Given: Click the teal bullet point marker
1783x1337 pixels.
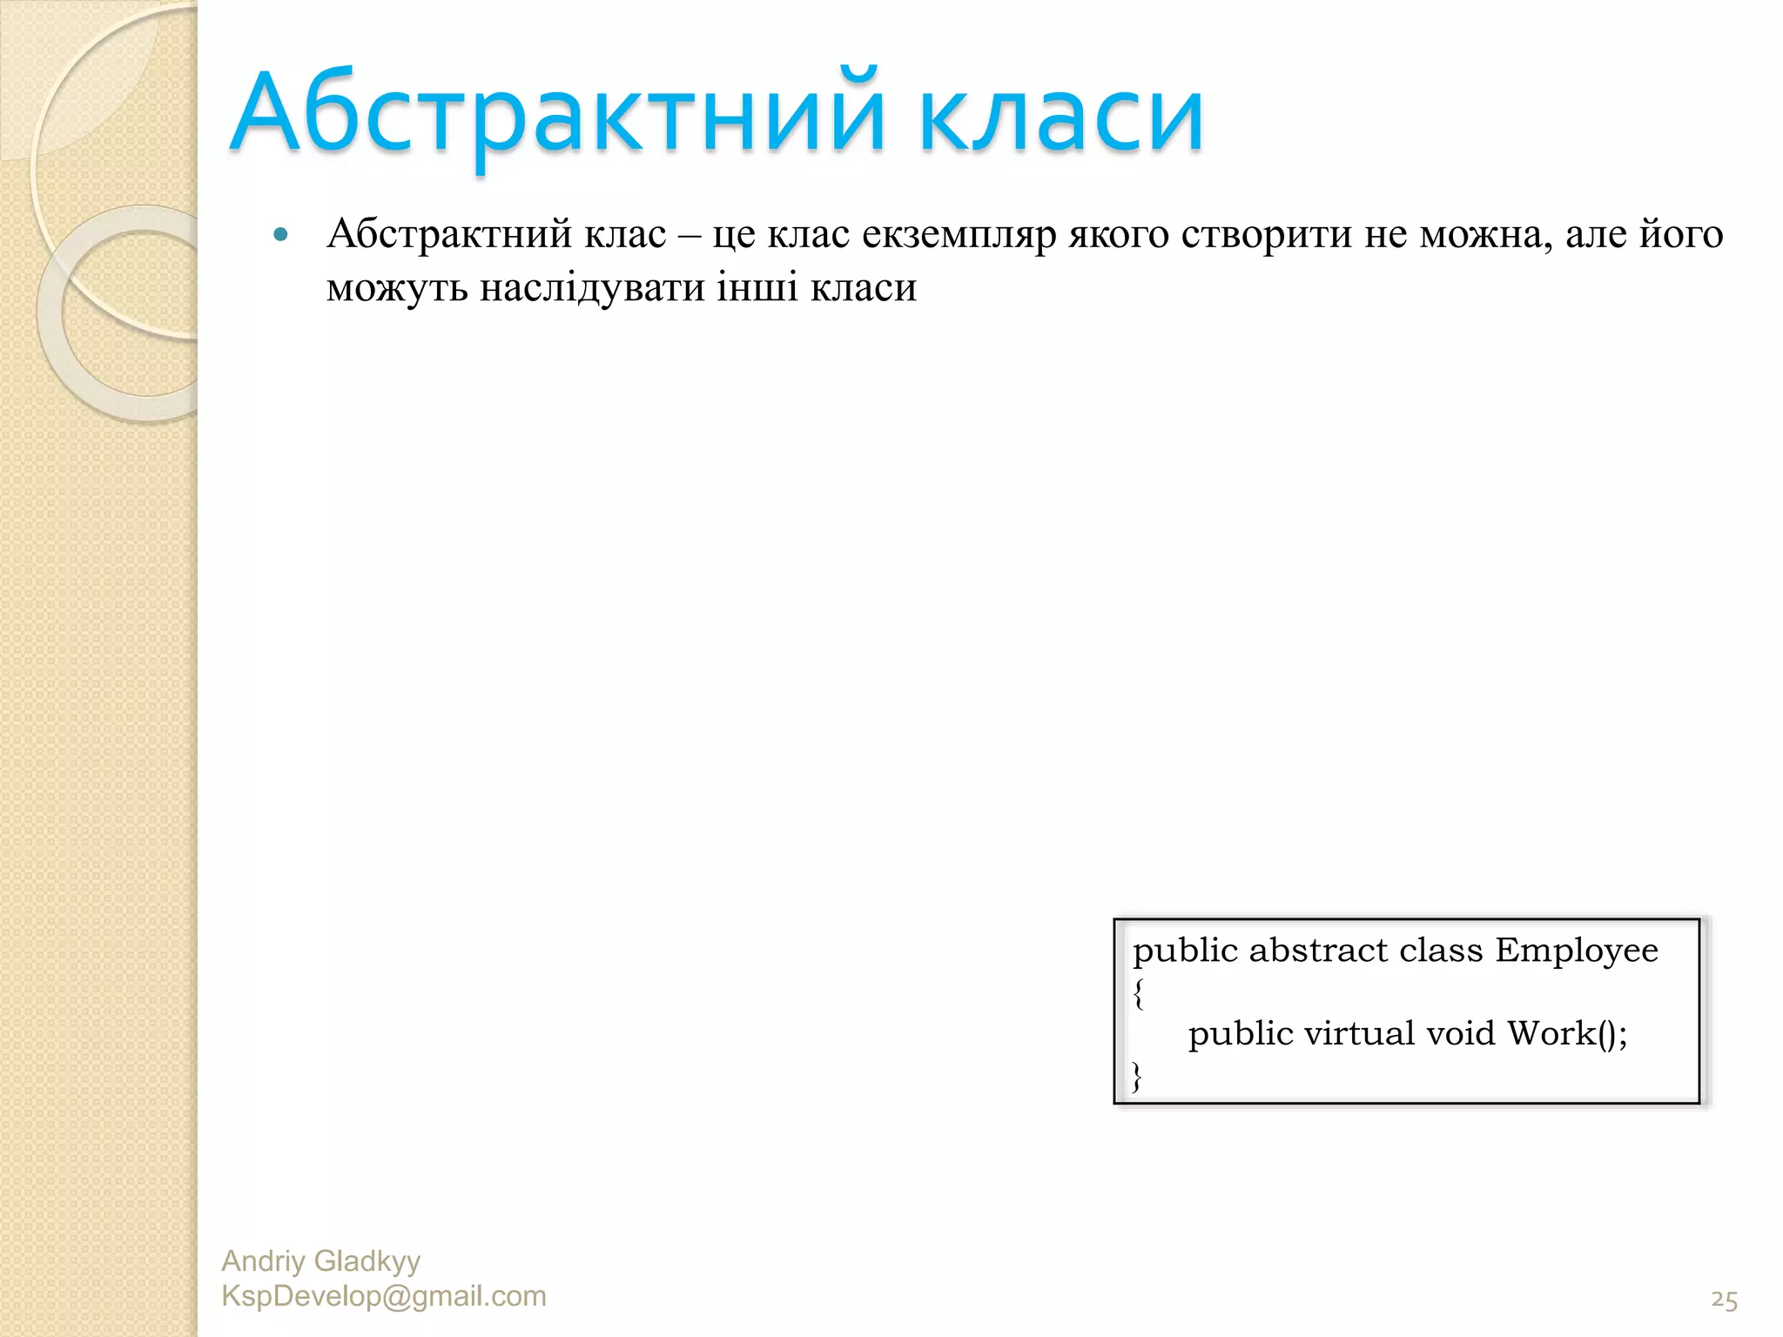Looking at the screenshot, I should point(280,234).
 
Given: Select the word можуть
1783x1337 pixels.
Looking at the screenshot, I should point(396,287).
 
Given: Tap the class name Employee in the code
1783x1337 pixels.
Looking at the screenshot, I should point(1576,951).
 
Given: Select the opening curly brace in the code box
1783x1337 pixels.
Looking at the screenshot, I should point(1139,993).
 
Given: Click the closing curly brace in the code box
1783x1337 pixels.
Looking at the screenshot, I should point(1137,1077).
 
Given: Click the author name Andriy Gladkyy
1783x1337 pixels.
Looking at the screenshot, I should point(320,1260).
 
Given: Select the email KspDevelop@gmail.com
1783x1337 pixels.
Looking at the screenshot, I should point(384,1296).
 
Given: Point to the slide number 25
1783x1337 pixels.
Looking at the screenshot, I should point(1723,1300).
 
